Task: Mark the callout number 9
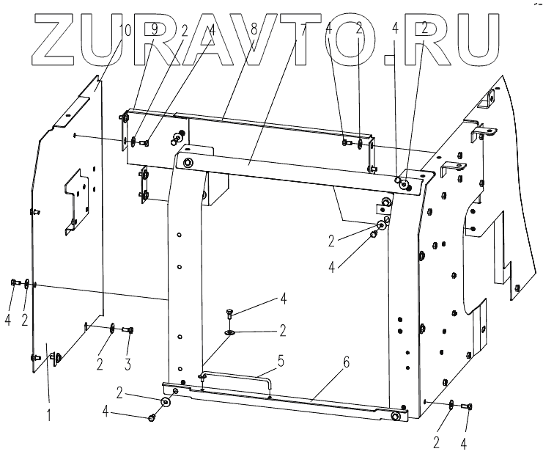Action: point(154,30)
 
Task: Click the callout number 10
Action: point(124,30)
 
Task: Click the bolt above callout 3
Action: point(128,331)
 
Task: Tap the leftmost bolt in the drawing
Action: point(14,282)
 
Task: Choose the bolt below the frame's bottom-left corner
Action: point(151,417)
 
